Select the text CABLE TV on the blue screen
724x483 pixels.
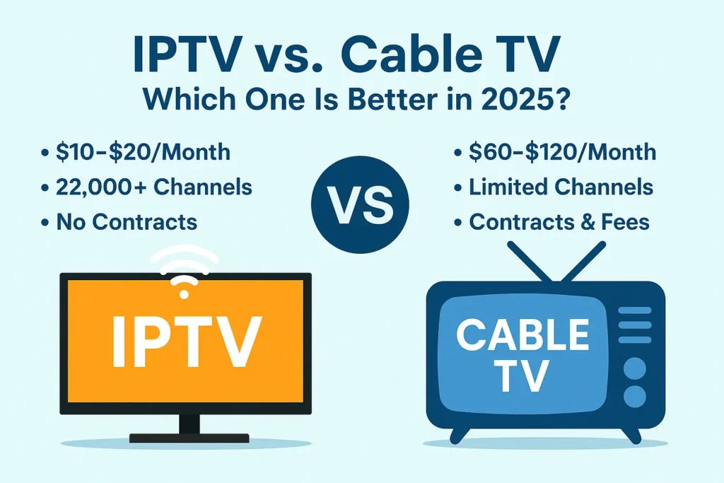523,353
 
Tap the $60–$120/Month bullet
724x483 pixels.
562,152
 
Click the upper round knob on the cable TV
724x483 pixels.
636,368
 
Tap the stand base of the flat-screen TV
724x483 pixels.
189,438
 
